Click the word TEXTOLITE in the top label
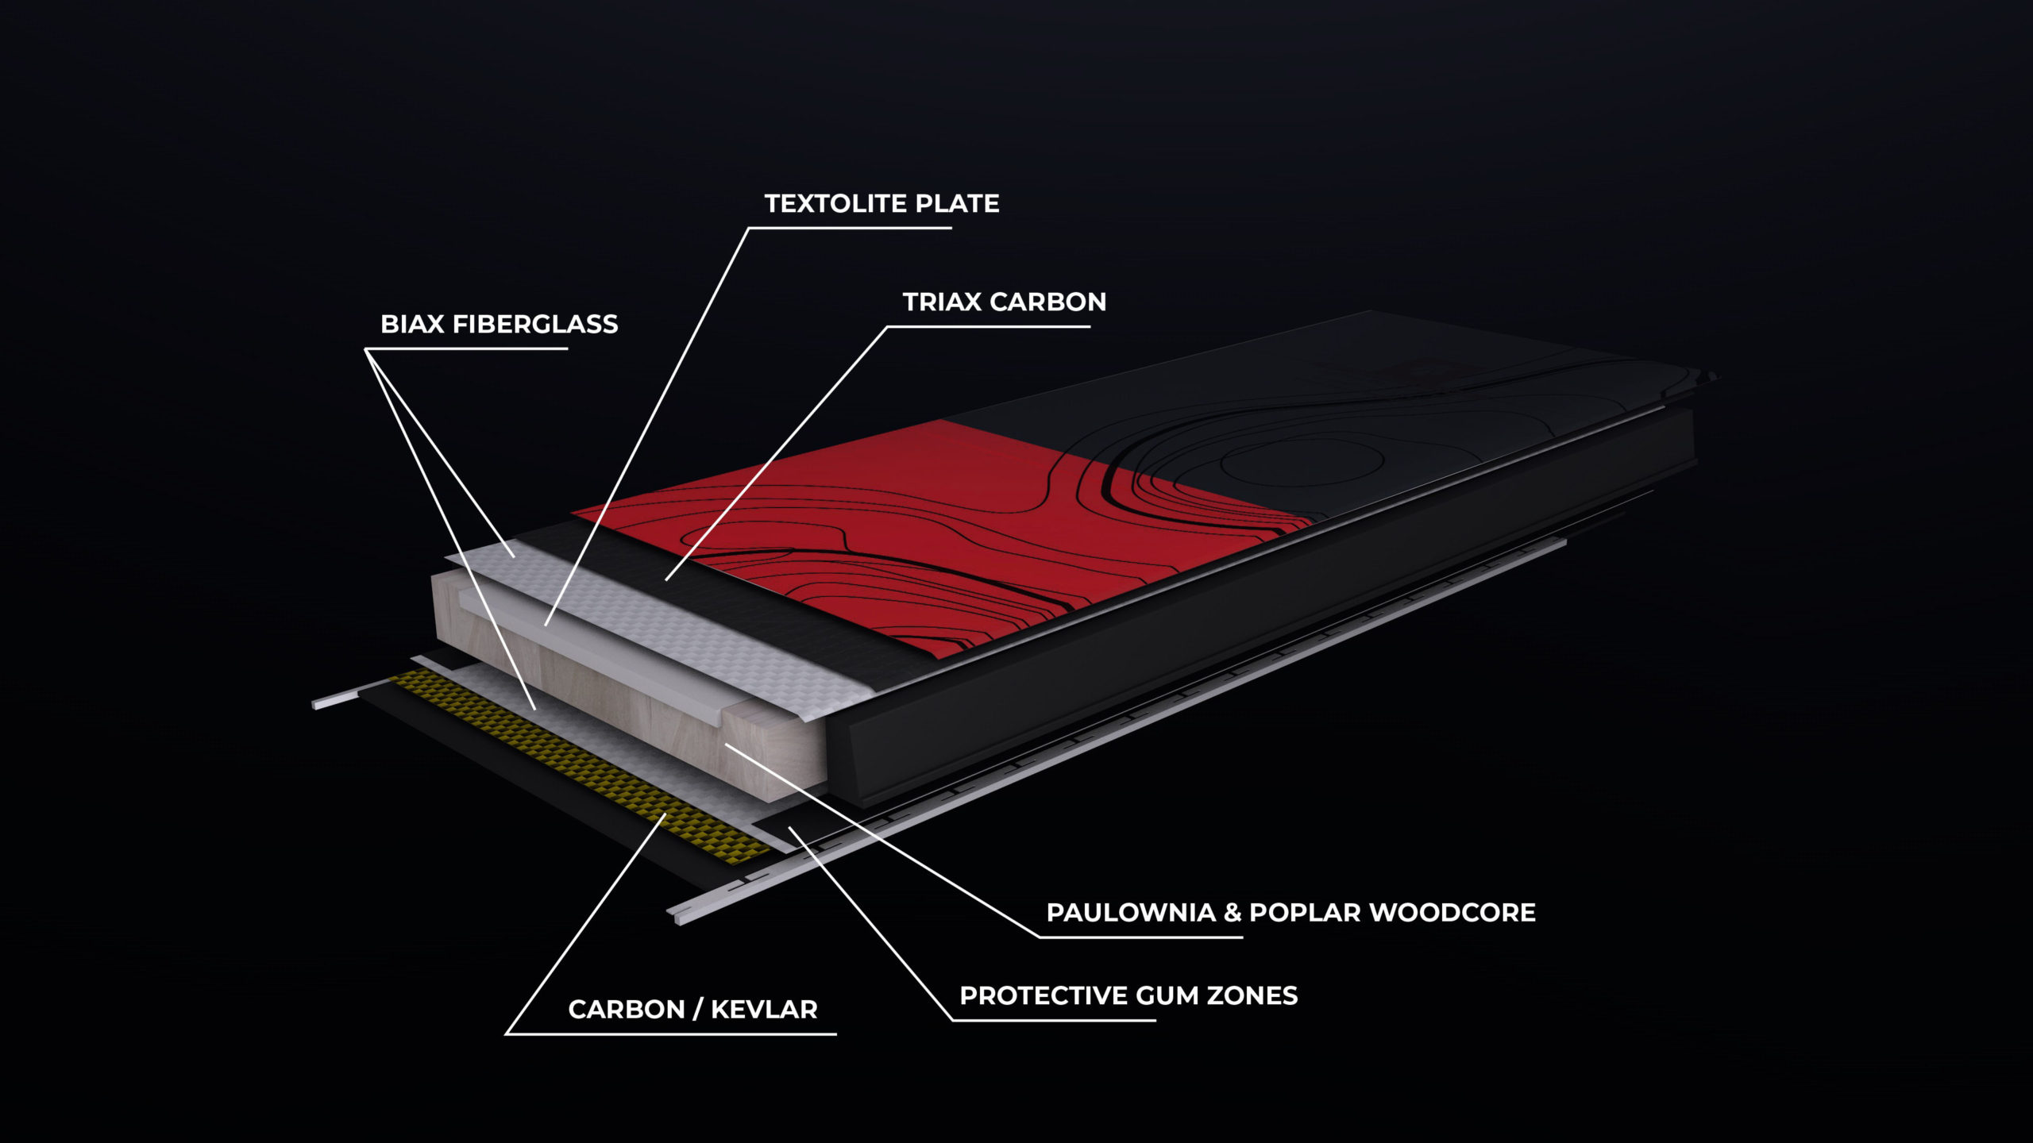(x=836, y=204)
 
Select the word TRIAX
(x=942, y=302)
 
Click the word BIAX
(x=412, y=325)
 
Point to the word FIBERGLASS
(x=534, y=325)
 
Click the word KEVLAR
(x=764, y=1010)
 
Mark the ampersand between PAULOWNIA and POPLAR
(x=1233, y=913)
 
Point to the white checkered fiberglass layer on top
(x=675, y=627)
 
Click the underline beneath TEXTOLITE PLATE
(x=850, y=228)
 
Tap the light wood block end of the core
(x=774, y=754)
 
